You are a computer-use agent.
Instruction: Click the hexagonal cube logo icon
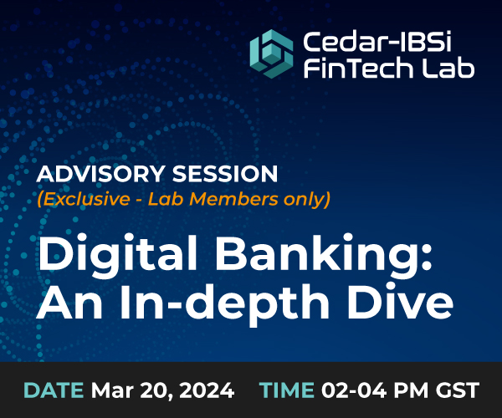(271, 54)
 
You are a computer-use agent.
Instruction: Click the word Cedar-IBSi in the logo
(377, 41)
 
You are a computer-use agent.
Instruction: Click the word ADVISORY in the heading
(100, 174)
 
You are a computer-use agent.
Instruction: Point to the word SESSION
(225, 174)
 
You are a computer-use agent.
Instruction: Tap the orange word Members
(234, 199)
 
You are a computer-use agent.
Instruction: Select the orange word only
(307, 200)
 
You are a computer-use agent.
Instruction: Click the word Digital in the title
(118, 253)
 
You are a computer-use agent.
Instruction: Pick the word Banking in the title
(324, 253)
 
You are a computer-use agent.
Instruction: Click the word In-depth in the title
(225, 303)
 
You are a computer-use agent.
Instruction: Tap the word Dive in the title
(401, 302)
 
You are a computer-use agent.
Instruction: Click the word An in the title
(69, 302)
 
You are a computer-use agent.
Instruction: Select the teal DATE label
(54, 390)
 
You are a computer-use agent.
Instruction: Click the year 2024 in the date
(207, 390)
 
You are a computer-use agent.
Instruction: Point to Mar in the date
(111, 390)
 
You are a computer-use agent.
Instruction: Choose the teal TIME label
(287, 390)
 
